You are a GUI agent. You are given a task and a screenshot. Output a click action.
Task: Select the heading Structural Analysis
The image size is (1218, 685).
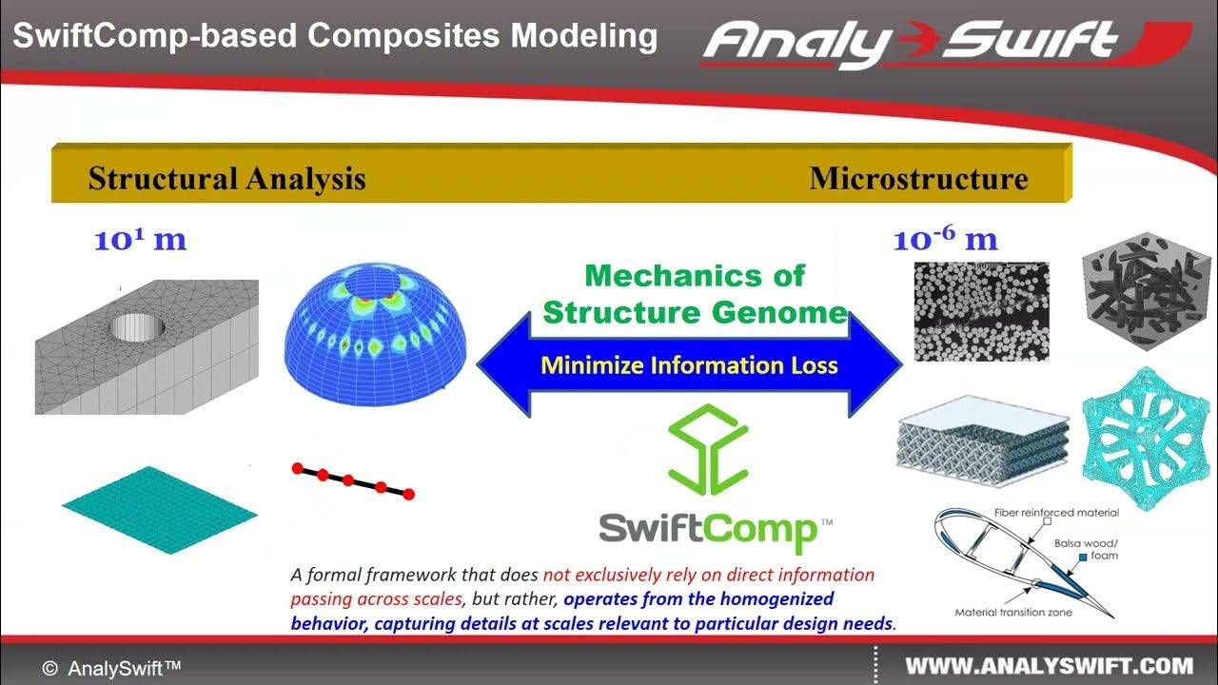point(226,179)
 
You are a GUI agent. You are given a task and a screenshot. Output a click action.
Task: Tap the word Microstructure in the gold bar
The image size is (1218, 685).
point(918,179)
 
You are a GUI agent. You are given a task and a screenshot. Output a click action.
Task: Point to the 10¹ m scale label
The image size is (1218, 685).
point(140,240)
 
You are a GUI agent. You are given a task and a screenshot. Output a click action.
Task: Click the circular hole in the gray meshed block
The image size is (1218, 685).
point(137,326)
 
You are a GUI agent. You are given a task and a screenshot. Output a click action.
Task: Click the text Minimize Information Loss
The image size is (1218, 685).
point(689,365)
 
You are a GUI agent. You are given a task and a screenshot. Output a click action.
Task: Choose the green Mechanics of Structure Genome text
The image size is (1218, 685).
point(694,294)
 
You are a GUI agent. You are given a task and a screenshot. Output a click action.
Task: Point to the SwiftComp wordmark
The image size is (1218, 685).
point(709,530)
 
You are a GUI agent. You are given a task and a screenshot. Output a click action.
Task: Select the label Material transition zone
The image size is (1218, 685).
point(1014,613)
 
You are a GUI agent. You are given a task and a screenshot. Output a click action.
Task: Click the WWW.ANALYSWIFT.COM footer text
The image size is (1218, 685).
point(1049,666)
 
